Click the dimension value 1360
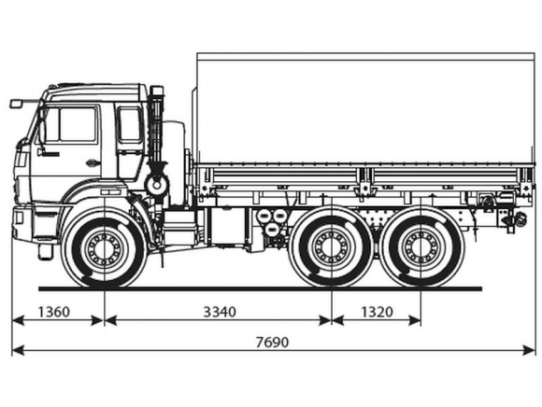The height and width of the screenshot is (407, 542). (53, 312)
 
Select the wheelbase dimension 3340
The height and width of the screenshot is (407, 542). (220, 312)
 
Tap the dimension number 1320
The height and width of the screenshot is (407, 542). (378, 312)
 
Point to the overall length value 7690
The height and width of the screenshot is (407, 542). (272, 342)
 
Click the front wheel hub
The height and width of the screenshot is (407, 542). (104, 248)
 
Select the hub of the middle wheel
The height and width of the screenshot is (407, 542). (331, 247)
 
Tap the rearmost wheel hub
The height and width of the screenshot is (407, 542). (421, 247)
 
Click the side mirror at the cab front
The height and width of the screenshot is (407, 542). (16, 104)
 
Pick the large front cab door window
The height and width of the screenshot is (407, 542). (78, 124)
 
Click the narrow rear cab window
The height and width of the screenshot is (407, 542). (130, 124)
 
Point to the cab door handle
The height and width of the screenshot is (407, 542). (92, 162)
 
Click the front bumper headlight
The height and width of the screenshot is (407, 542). (18, 218)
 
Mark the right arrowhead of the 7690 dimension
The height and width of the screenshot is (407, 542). (529, 350)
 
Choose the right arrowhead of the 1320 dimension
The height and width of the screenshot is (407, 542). (415, 320)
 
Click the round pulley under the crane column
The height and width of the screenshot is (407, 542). (157, 186)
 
